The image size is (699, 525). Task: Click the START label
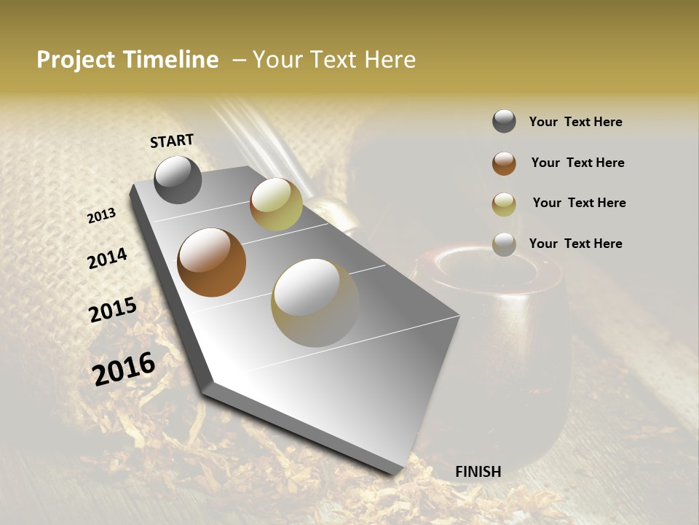172,141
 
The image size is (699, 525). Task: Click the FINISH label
478,472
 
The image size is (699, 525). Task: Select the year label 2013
101,216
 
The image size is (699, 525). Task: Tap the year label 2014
107,259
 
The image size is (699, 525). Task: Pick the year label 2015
113,310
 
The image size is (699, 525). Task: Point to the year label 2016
124,368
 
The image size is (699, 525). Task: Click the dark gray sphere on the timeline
178,179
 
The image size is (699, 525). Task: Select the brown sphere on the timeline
211,262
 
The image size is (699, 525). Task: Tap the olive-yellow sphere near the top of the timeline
276,204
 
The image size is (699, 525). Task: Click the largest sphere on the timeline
315,302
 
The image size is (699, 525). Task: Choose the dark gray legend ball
504,122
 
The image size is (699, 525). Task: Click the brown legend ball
504,163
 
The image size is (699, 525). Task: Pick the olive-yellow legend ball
504,204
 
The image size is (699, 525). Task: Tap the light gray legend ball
504,244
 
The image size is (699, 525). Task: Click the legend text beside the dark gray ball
575,122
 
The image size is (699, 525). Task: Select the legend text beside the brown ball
577,163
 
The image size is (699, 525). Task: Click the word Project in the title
76,60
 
